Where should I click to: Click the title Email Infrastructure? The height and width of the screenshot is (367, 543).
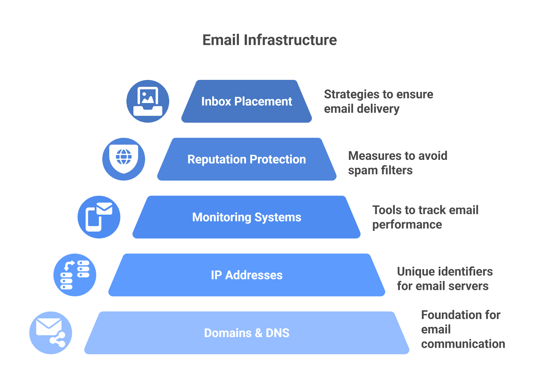coord(269,40)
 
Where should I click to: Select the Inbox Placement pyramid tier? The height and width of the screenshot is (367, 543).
coord(246,101)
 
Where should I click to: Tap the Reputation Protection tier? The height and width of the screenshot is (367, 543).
coord(246,159)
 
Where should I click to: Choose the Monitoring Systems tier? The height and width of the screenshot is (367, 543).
coord(246,217)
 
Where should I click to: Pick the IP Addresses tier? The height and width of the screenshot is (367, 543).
coord(246,275)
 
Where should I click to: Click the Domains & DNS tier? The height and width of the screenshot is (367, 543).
coord(246,333)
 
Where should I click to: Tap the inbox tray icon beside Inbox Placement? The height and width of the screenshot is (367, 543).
coord(148,101)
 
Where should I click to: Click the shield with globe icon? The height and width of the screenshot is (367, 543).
coord(124,159)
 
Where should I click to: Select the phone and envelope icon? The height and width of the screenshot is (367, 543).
coord(99,217)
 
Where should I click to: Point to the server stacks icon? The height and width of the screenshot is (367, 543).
coord(75,275)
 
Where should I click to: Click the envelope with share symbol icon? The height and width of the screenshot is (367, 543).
coord(51,333)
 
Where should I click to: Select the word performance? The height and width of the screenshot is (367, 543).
coord(407,225)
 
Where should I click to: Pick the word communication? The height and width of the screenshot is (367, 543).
coord(463,344)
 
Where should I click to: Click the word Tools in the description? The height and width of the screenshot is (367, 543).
coord(386,210)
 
